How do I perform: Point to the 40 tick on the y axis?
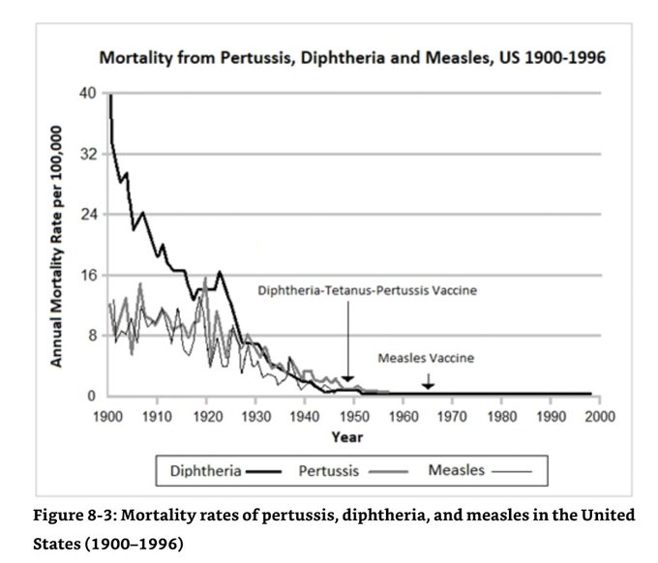coord(87,94)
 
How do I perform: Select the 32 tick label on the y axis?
coord(87,154)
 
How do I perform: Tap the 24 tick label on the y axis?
coord(87,215)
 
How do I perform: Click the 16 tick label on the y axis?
coord(87,275)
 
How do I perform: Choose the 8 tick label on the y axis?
coord(91,336)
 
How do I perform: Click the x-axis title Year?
coord(346,436)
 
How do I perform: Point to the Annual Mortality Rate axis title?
coord(57,246)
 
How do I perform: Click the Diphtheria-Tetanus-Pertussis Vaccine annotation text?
coord(367,289)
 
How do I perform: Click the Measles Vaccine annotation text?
coord(425,357)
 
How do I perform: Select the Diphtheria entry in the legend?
coord(205,472)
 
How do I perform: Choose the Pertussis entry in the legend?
coord(330,472)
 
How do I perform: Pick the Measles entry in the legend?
coord(455,472)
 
